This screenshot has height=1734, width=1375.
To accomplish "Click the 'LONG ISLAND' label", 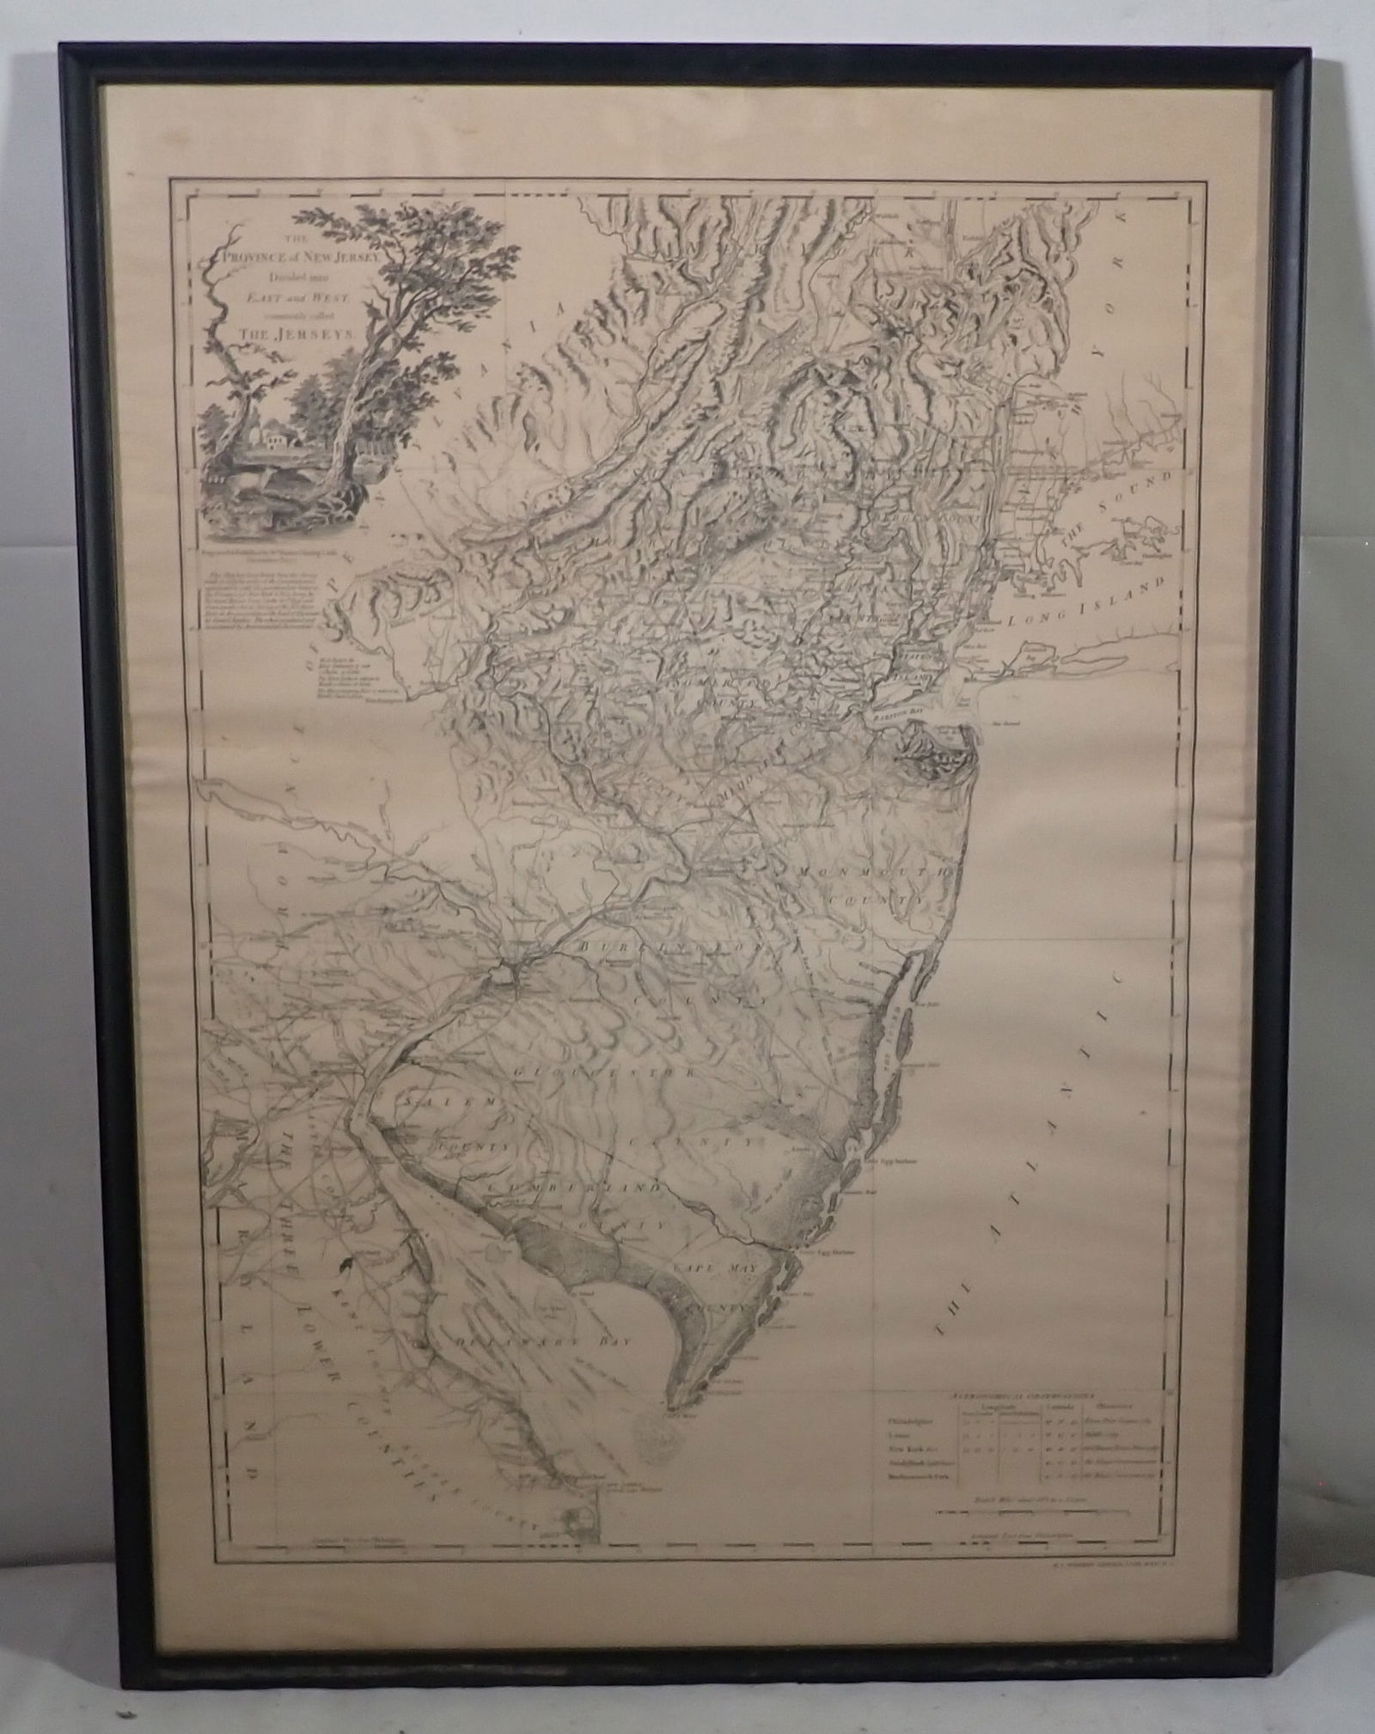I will coord(1090,604).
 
